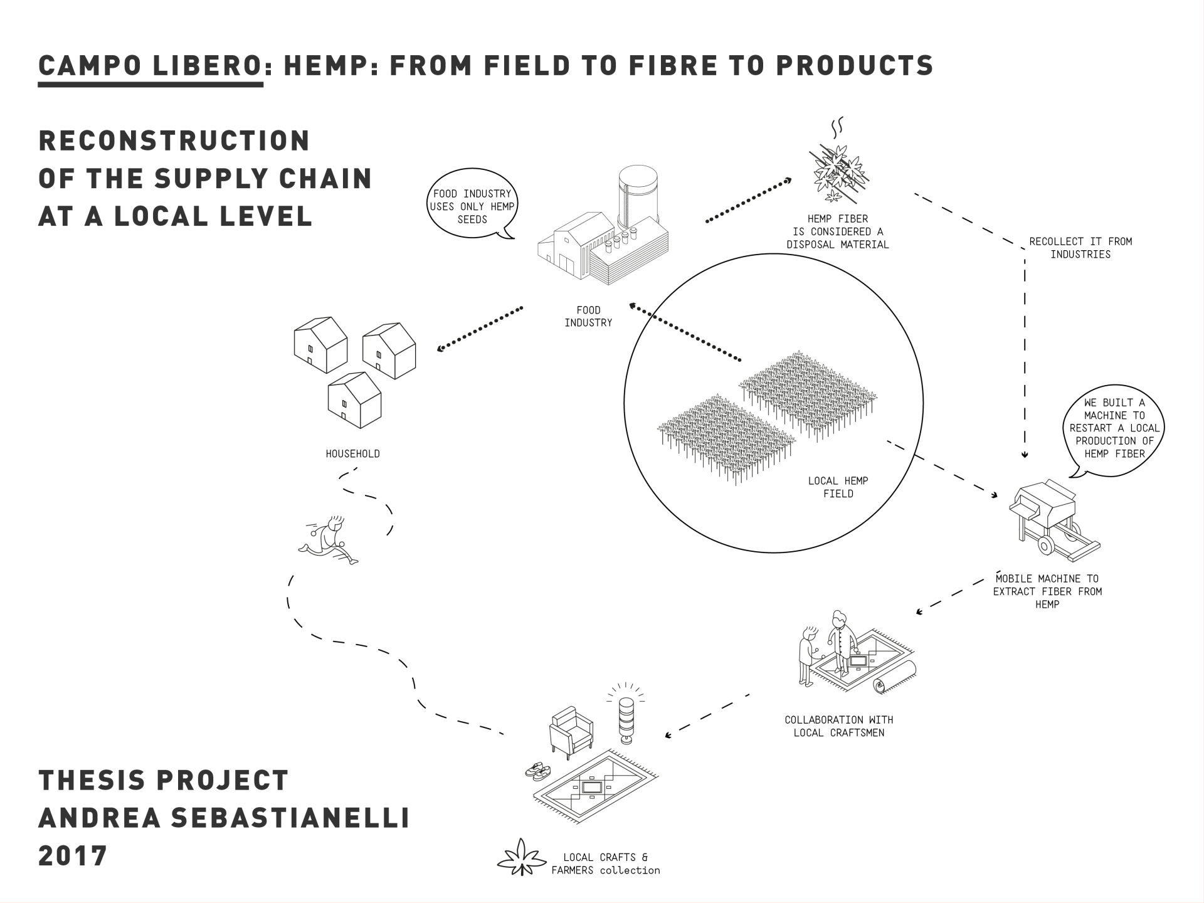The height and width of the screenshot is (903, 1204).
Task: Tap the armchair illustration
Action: coord(571,731)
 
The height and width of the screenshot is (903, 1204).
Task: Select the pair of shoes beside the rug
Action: coord(538,771)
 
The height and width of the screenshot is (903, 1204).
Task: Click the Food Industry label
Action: coord(588,317)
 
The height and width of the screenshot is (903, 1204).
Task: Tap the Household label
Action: coord(352,454)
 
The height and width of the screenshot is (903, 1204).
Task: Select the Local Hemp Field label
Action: coord(838,487)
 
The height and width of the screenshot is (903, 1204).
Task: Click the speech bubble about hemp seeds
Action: coord(472,207)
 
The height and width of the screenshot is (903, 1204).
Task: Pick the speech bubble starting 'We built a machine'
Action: coord(1114,428)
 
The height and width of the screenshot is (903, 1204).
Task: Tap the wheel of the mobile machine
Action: coord(1045,544)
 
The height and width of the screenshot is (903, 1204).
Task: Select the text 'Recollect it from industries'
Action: coord(1080,248)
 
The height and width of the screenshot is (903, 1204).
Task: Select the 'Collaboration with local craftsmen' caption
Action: coord(838,726)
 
